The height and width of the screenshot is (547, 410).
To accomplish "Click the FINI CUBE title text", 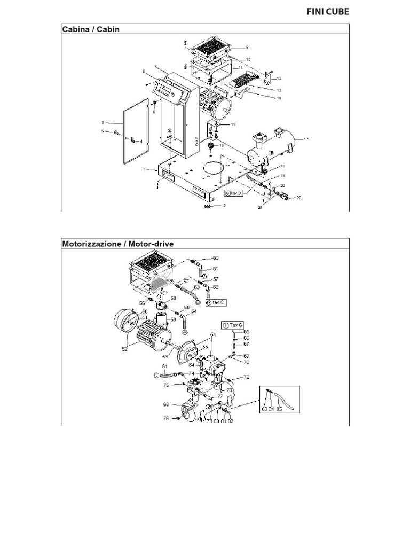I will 328,12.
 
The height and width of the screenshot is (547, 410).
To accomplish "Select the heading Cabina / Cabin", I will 91,29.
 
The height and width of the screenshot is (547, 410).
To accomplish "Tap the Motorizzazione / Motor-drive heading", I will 118,244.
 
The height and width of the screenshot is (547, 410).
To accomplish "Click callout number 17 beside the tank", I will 306,139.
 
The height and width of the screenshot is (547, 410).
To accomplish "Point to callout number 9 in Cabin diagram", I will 247,47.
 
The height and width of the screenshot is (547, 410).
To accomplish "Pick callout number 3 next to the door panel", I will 104,122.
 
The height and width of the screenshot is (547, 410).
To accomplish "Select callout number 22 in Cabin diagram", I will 299,198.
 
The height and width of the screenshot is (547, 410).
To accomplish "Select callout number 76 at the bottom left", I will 166,419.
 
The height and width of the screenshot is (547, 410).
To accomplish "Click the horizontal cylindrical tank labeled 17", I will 270,147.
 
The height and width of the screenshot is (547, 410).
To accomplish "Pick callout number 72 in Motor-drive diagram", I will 246,377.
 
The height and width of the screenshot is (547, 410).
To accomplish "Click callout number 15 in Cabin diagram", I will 233,124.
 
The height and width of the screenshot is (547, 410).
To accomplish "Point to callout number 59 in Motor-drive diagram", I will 173,321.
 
